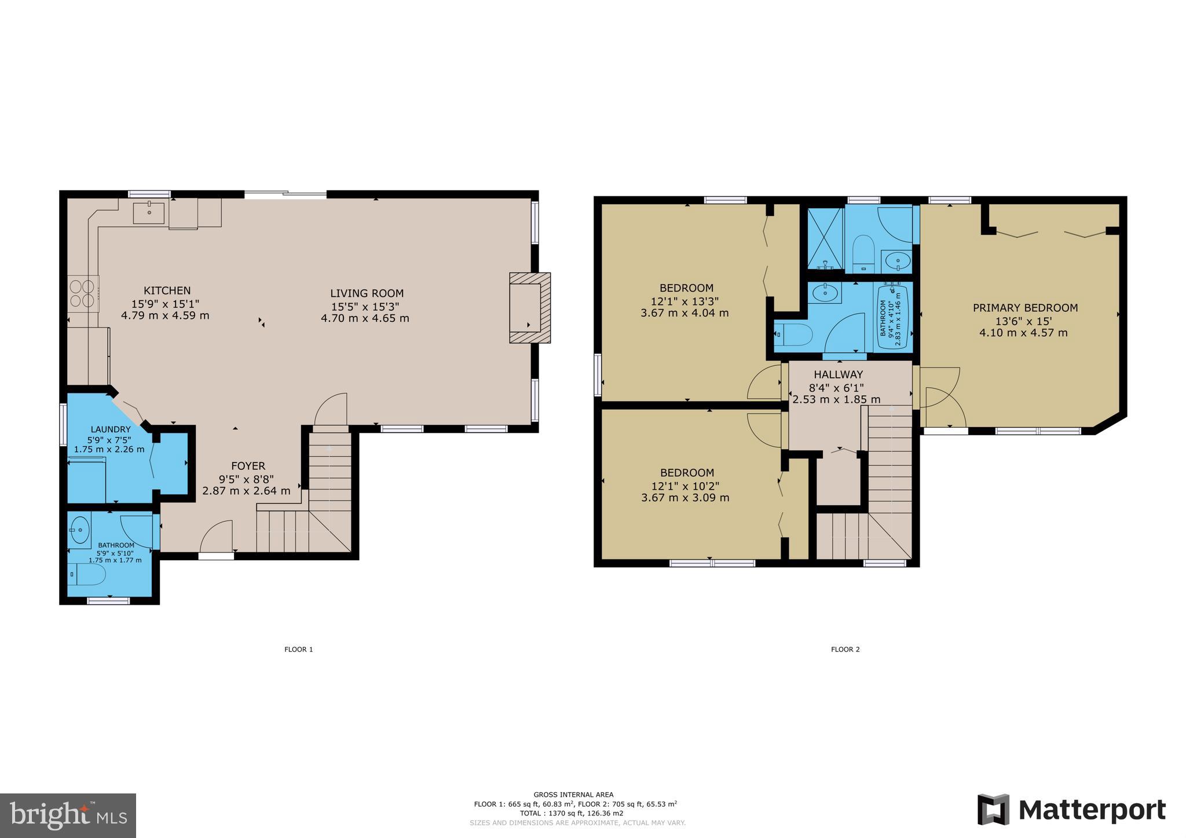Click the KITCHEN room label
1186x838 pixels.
pos(167,291)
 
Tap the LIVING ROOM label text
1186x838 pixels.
pos(367,293)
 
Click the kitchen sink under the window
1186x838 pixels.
pos(149,212)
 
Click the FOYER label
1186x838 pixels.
pos(248,466)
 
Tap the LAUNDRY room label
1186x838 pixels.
pos(110,429)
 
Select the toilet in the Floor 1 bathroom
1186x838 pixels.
pos(87,575)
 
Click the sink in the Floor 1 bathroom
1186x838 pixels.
pos(79,528)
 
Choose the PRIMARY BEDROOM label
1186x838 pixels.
pos(1025,308)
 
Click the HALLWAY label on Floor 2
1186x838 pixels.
pos(838,374)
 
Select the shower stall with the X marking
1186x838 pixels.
pos(825,238)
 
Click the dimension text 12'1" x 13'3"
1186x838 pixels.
pos(686,301)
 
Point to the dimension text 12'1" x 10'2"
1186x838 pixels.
pos(687,486)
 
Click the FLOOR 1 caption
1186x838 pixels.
pos(298,649)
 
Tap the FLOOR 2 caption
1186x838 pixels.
pos(845,649)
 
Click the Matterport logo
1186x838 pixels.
pos(1071,810)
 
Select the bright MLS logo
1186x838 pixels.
pos(68,815)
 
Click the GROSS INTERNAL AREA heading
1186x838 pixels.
pos(573,795)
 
